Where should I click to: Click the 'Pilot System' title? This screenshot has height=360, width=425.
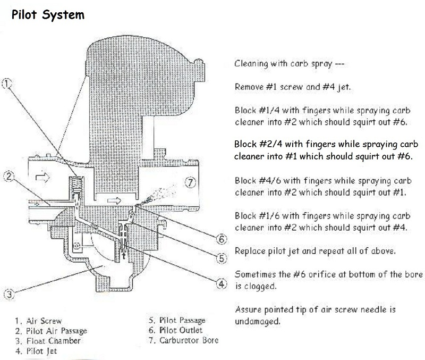pos(48,14)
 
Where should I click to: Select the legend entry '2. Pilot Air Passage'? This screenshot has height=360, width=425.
pos(50,331)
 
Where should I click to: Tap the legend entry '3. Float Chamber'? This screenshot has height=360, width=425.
pos(47,341)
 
